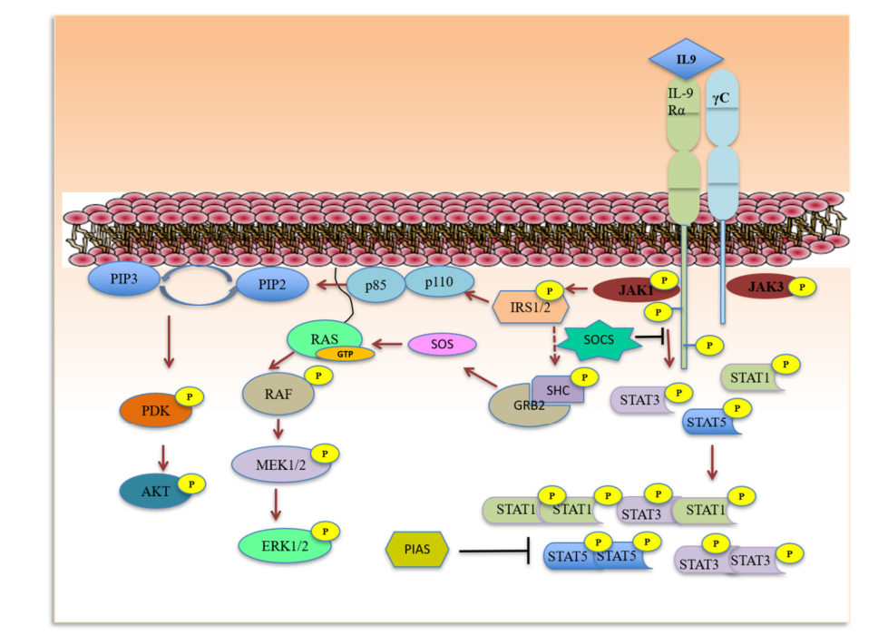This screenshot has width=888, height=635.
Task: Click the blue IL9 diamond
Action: pos(686,59)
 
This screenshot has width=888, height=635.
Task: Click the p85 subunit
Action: pos(374,287)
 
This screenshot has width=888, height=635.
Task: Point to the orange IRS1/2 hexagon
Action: pos(526,307)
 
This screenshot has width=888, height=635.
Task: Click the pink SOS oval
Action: pos(443,345)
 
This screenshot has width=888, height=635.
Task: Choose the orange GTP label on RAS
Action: pos(345,354)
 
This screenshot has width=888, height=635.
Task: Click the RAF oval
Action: pos(278,395)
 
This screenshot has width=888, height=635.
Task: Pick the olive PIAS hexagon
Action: pos(416,550)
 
